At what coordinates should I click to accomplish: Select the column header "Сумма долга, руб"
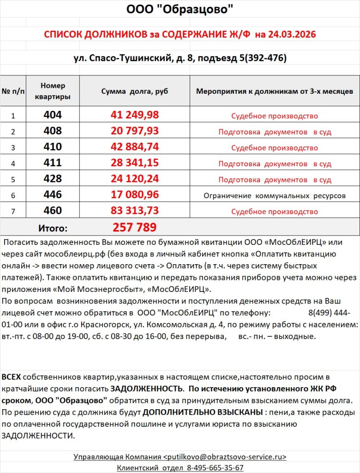point(135,91)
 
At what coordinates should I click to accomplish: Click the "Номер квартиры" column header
point(53,91)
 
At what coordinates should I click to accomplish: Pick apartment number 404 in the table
point(53,115)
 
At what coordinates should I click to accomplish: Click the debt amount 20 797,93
point(135,131)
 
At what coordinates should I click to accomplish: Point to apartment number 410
point(53,147)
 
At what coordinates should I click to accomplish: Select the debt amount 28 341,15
point(135,163)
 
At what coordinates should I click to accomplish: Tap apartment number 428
point(53,179)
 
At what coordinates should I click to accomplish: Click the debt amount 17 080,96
point(135,195)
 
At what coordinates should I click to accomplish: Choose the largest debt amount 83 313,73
point(135,211)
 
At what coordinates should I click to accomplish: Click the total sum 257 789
point(135,227)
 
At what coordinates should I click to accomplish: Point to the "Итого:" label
point(53,228)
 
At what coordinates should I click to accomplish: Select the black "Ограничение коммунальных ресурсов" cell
point(275,196)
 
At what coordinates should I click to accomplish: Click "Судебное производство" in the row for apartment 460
point(275,212)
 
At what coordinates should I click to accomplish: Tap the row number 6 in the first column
point(13,195)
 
